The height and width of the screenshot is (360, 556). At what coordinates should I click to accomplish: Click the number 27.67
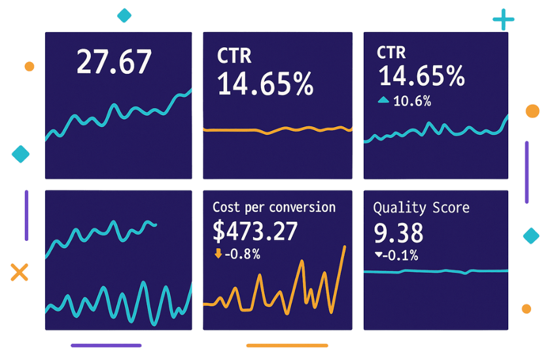[x=114, y=62]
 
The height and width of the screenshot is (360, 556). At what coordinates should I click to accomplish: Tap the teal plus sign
[x=504, y=20]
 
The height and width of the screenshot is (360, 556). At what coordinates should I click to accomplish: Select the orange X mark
[x=20, y=272]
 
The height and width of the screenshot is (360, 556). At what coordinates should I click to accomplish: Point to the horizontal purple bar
[x=105, y=346]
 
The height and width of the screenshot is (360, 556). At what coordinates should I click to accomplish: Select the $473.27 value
[x=256, y=231]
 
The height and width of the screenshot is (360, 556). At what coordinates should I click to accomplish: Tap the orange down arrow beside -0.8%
[x=218, y=254]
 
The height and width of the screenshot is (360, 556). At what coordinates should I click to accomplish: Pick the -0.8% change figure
[x=243, y=254]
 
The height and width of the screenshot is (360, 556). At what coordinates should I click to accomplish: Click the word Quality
[x=394, y=208]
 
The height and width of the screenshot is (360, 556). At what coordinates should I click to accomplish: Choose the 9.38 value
[x=398, y=232]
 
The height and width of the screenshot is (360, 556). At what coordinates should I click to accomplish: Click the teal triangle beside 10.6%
[x=384, y=100]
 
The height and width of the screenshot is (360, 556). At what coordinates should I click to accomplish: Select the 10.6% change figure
[x=412, y=101]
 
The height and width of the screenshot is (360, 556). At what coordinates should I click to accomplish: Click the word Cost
[x=226, y=207]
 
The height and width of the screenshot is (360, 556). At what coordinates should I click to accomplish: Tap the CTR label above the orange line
[x=234, y=56]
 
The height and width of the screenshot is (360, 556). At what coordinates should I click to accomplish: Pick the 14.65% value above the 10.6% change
[x=422, y=77]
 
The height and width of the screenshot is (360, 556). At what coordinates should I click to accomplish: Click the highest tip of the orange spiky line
[x=345, y=247]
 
